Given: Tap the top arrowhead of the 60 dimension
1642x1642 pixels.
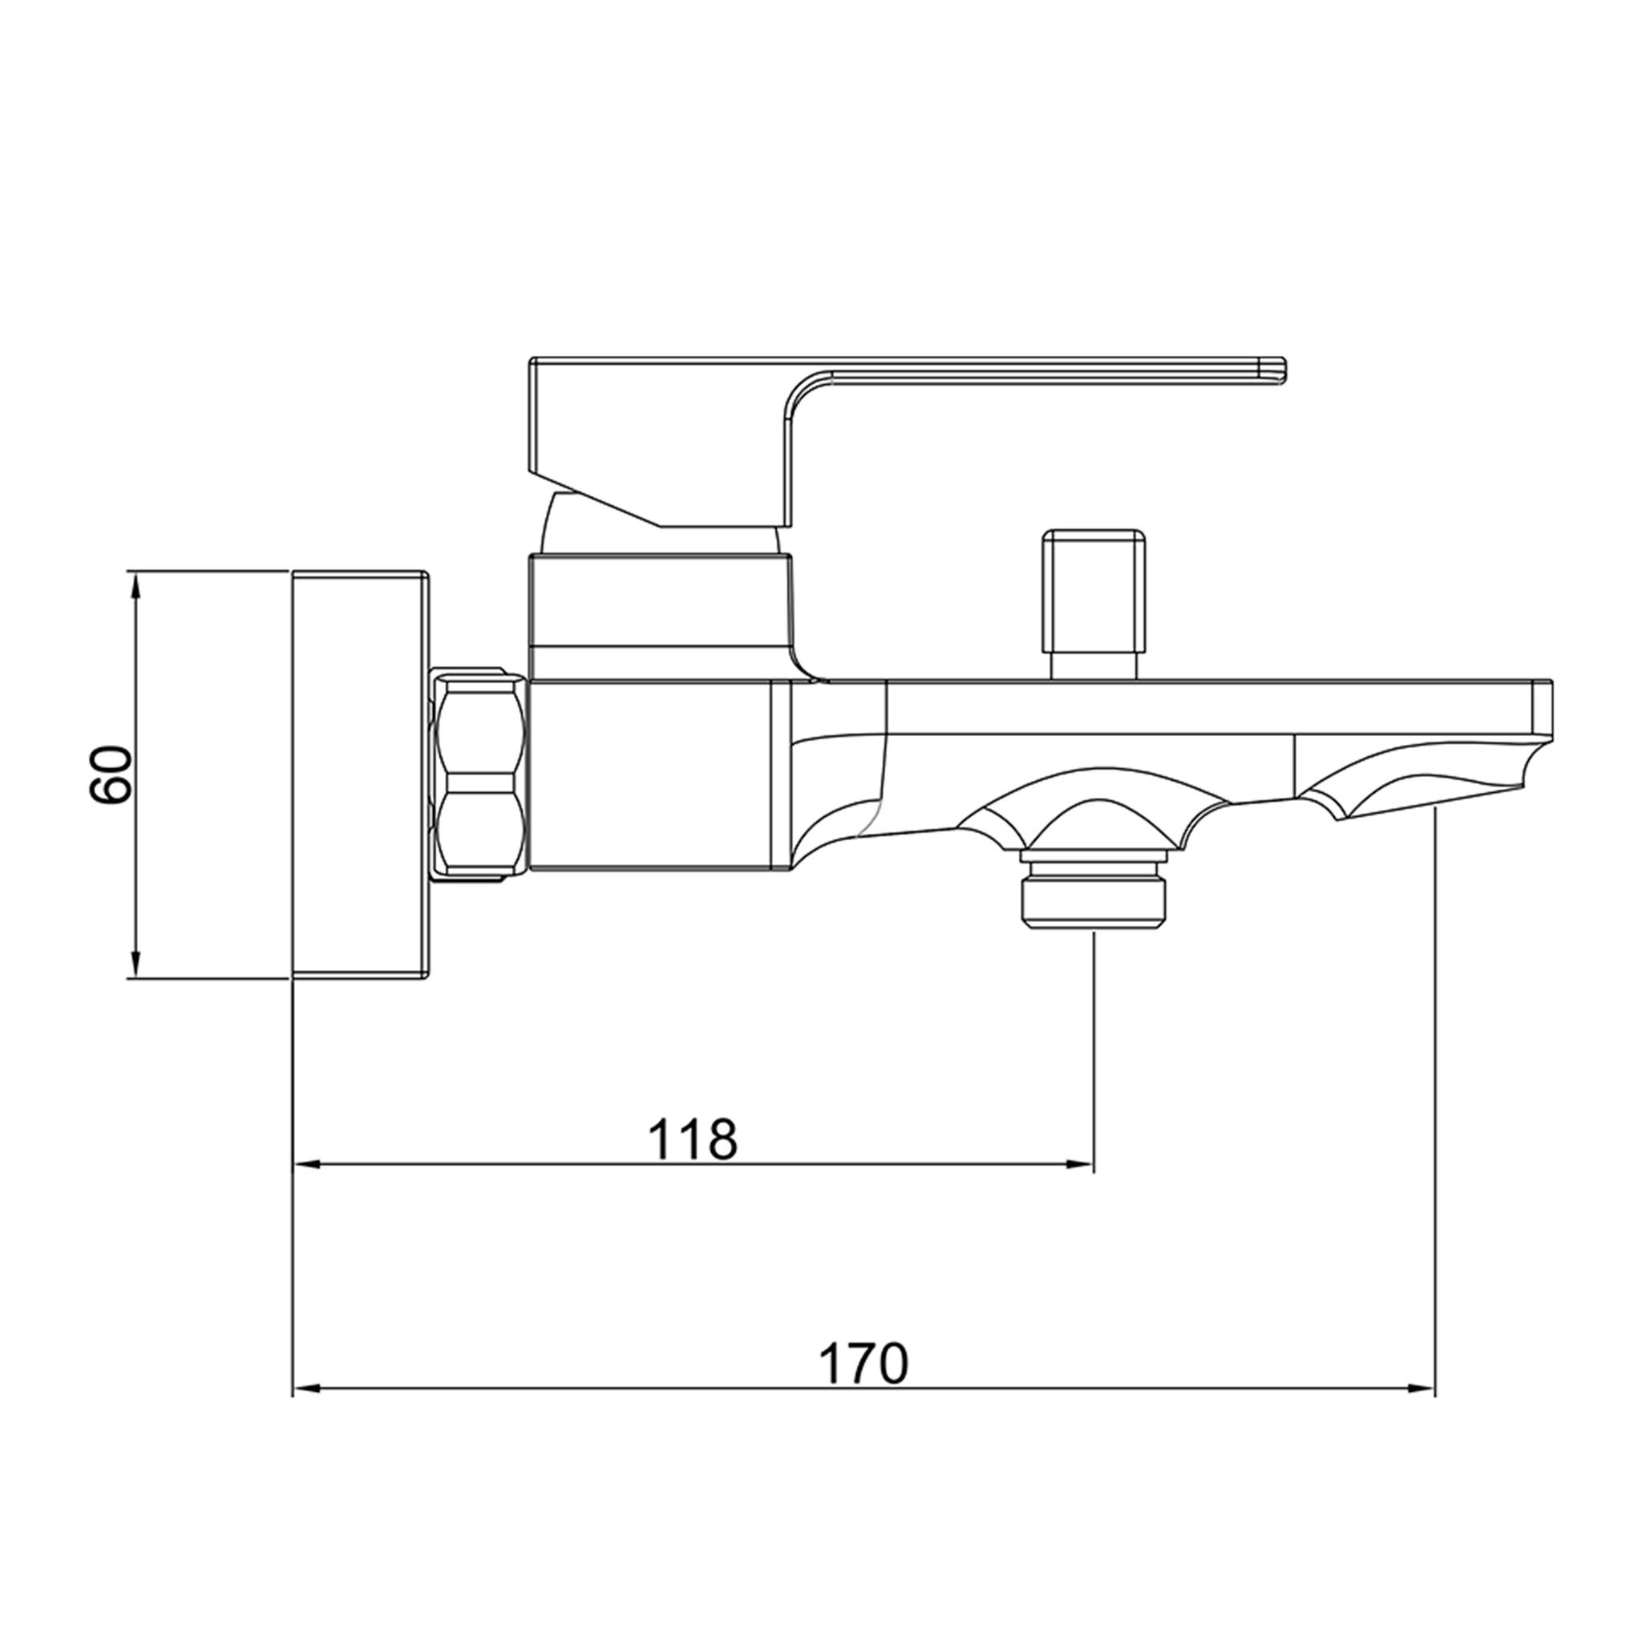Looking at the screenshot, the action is pos(133,585).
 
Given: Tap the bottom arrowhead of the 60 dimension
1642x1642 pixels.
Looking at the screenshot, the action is pos(133,964).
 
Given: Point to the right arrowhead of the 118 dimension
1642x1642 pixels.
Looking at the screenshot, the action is pos(1079,1165).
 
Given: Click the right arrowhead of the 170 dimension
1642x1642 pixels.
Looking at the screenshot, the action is pos(1421,1389).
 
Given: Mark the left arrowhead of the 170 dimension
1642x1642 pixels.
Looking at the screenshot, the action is pos(306,1389).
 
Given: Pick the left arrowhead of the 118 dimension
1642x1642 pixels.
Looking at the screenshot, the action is pos(306,1165).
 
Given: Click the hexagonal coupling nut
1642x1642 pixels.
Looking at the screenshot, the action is pos(480,774).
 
